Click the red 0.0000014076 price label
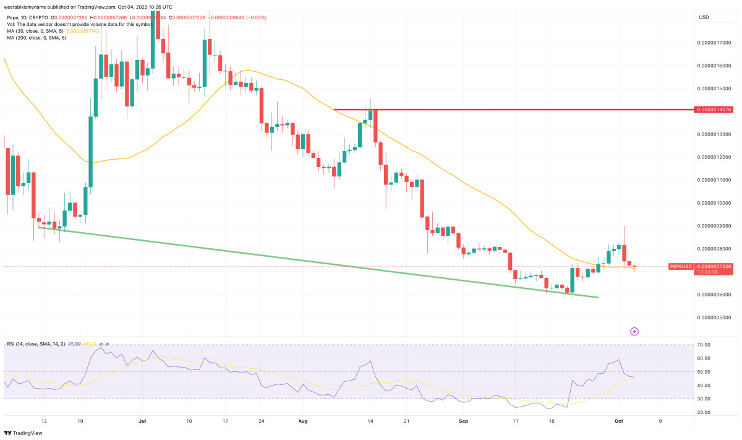click(714, 110)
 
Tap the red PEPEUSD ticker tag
click(682, 266)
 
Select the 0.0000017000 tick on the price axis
click(714, 43)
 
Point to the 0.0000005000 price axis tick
click(714, 317)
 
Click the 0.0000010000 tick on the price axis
click(714, 203)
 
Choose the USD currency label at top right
click(704, 17)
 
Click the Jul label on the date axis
click(143, 420)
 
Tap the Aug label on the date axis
click(302, 420)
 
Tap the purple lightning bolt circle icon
click(634, 332)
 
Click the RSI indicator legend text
click(37, 343)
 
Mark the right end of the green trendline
click(598, 297)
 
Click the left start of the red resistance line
click(335, 110)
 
